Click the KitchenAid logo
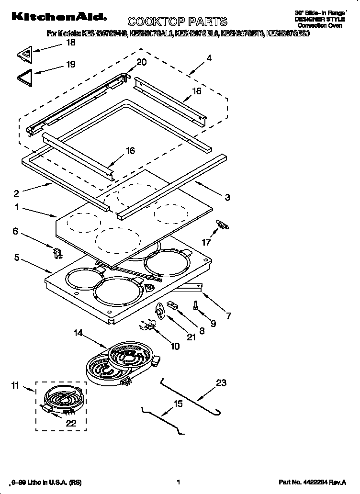pyautogui.click(x=55, y=17)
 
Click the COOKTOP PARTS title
pyautogui.click(x=177, y=21)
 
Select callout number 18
pyautogui.click(x=70, y=43)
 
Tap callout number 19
pyautogui.click(x=70, y=64)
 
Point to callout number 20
pyautogui.click(x=142, y=62)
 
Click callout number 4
pyautogui.click(x=209, y=58)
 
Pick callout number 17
pyautogui.click(x=206, y=243)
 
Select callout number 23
pyautogui.click(x=221, y=383)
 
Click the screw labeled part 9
pyautogui.click(x=196, y=304)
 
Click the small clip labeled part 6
pyautogui.click(x=56, y=251)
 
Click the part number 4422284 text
pyautogui.click(x=312, y=483)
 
